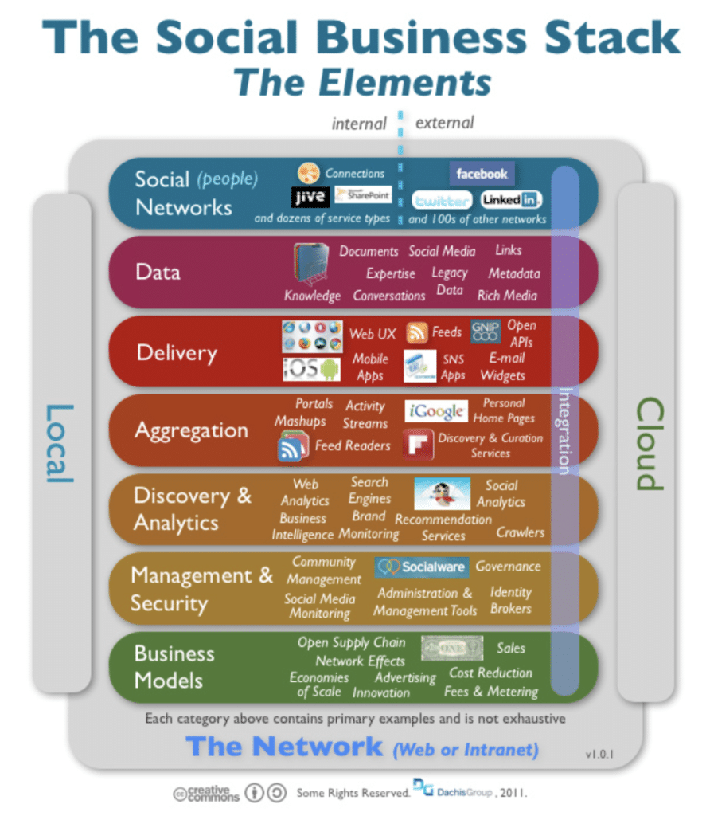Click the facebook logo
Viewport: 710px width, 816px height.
pos(482,173)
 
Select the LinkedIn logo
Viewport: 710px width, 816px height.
pos(511,200)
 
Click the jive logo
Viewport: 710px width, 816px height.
pos(309,197)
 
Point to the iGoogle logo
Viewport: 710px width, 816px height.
pos(436,411)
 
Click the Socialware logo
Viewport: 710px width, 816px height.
pos(421,567)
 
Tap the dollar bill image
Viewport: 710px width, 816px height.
pos(451,648)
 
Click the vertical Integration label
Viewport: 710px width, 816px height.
pos(564,430)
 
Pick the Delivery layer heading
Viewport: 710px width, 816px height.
pos(177,352)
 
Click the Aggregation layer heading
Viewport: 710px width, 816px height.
pos(191,431)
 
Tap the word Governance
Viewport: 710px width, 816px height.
pos(508,567)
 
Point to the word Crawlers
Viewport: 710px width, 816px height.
pos(521,532)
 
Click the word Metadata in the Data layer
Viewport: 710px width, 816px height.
pos(514,273)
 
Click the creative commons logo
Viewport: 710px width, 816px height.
pos(205,794)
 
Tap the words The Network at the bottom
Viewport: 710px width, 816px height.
pos(284,747)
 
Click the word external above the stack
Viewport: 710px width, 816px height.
pos(444,123)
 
